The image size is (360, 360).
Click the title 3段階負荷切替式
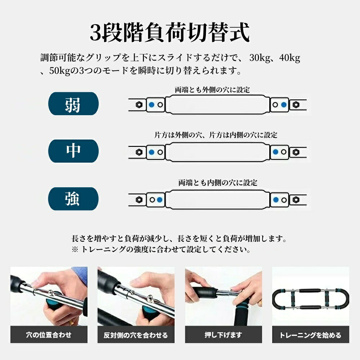[x=170, y=33]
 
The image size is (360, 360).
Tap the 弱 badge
[x=73, y=104]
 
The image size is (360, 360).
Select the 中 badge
[x=73, y=151]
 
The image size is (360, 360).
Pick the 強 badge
[x=73, y=199]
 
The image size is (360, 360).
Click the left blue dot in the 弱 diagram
[x=152, y=105]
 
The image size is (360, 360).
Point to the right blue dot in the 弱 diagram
[x=284, y=105]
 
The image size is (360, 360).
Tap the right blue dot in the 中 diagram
[x=275, y=152]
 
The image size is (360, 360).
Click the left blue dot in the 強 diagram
[x=159, y=200]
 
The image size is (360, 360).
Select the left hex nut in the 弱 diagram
[x=139, y=105]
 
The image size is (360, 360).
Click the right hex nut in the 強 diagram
[x=296, y=200]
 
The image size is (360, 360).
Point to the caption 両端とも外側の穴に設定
[x=212, y=90]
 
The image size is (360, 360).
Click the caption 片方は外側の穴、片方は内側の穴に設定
[x=216, y=135]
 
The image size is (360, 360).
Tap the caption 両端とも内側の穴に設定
[x=218, y=183]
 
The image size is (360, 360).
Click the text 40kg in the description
[x=290, y=58]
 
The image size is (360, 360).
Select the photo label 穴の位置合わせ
[x=49, y=335]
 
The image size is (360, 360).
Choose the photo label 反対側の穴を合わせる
[x=136, y=335]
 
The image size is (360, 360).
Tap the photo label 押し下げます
[x=224, y=335]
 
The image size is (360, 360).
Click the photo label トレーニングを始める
[x=310, y=335]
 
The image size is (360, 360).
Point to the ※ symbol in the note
[x=75, y=249]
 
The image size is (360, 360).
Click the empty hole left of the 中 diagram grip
[x=160, y=152]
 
